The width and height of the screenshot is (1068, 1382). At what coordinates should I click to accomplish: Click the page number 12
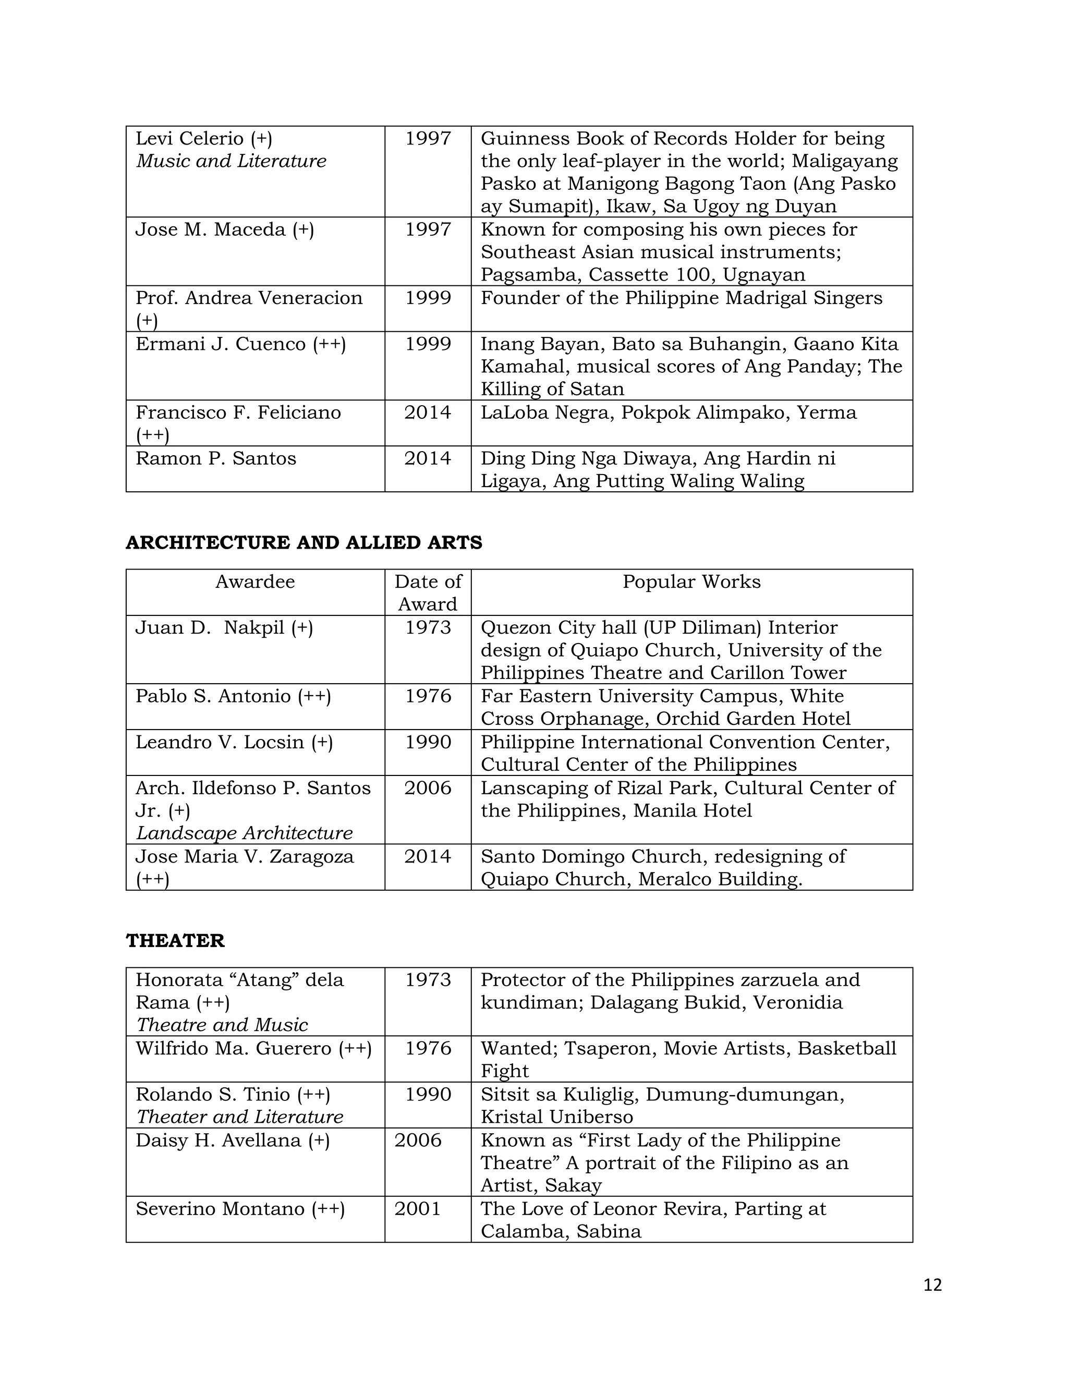[932, 1284]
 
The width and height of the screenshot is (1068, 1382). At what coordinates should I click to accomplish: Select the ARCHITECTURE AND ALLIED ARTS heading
[304, 542]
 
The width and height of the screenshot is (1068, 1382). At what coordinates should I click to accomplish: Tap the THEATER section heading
[175, 940]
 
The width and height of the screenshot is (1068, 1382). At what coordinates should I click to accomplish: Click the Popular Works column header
[691, 581]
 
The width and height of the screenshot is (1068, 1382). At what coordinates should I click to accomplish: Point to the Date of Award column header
[428, 592]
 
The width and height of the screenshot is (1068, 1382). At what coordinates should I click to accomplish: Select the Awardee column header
[255, 581]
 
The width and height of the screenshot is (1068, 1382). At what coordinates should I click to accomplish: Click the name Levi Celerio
[190, 138]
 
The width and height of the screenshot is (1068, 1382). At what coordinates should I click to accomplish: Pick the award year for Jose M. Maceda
[428, 229]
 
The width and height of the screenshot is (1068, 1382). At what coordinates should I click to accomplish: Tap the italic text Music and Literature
[232, 161]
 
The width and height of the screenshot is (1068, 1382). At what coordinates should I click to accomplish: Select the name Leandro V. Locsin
[220, 742]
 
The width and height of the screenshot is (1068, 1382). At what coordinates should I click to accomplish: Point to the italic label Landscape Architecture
[244, 833]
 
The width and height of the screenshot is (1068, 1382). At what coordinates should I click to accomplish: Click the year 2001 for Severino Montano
[417, 1209]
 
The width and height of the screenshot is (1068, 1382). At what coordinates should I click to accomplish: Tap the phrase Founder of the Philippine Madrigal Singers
[681, 297]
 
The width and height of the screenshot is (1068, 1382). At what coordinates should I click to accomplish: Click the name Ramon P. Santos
[216, 458]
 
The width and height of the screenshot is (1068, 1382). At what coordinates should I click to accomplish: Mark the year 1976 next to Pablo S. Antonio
[428, 696]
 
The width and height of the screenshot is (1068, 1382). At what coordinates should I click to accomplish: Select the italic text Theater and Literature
[240, 1117]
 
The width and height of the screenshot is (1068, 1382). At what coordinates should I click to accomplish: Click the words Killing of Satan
[552, 389]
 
